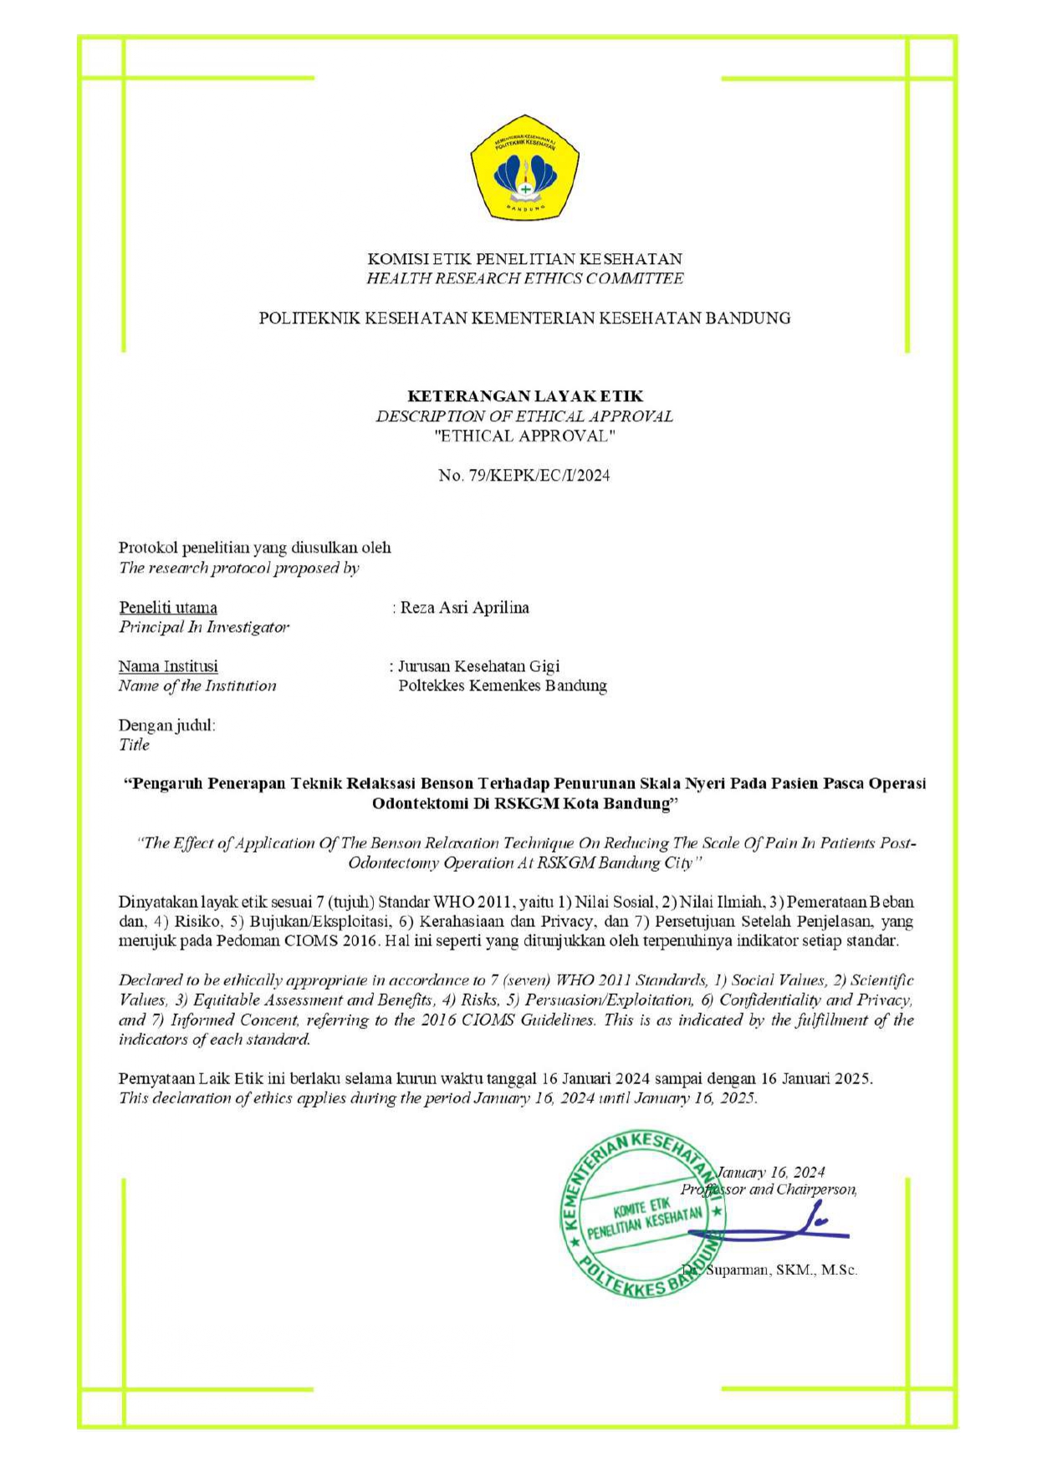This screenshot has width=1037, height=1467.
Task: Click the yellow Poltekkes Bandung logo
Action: click(524, 168)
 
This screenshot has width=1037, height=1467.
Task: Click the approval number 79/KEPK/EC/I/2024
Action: click(524, 476)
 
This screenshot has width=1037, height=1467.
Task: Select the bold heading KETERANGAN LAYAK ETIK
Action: click(525, 396)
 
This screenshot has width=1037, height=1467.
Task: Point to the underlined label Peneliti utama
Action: click(168, 608)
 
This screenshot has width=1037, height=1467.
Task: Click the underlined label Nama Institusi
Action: click(168, 666)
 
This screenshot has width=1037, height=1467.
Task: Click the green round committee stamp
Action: click(641, 1216)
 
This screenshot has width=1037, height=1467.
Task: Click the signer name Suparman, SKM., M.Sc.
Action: click(782, 1270)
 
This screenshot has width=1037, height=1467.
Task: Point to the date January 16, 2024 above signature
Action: click(771, 1172)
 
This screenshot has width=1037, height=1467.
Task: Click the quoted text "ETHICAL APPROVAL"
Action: click(524, 436)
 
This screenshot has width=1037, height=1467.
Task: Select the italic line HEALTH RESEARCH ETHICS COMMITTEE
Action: click(524, 279)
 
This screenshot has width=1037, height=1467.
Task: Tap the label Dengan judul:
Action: click(167, 725)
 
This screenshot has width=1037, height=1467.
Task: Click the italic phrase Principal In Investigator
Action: click(204, 627)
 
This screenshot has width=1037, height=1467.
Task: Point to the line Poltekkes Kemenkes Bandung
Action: click(503, 686)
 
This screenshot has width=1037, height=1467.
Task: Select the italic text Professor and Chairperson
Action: click(769, 1189)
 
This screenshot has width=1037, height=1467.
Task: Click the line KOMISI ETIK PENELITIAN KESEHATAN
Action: click(524, 259)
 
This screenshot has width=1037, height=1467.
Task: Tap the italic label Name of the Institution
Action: click(197, 686)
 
